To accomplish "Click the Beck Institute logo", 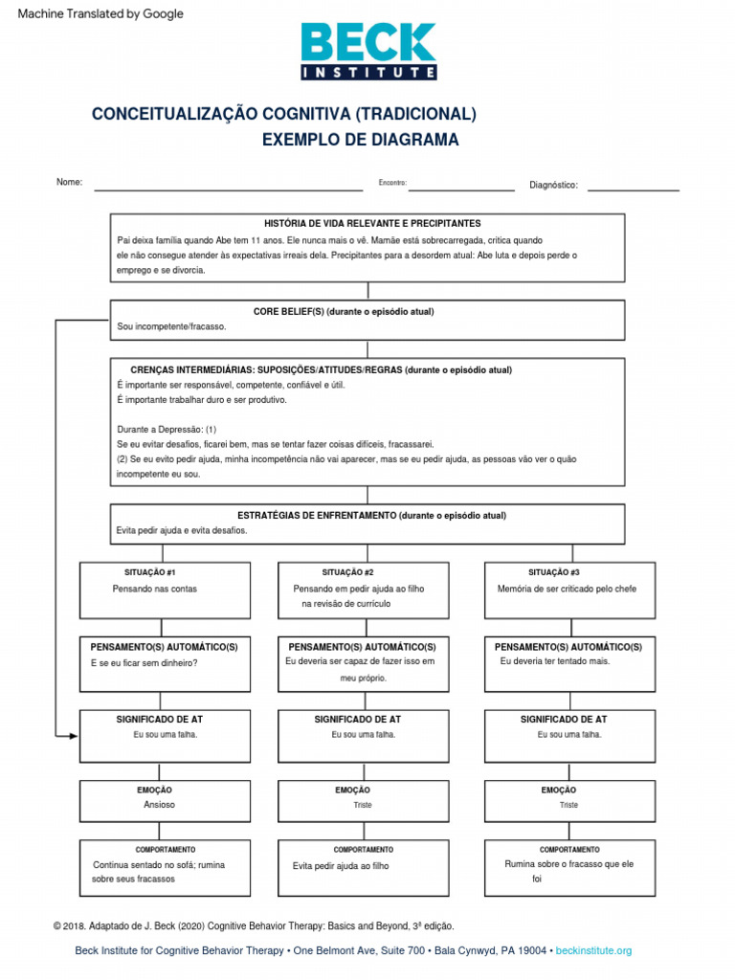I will pos(368,51).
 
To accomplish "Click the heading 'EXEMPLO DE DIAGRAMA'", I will pos(360,140).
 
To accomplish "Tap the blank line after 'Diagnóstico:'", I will pos(633,189).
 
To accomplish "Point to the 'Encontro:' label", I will pos(392,183).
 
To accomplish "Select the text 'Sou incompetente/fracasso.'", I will pos(171,327).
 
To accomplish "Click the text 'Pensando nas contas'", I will pos(154,589).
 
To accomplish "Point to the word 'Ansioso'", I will pos(159,805).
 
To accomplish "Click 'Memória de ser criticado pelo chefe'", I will pos(567,589).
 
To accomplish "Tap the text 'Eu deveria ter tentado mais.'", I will pos(554,661).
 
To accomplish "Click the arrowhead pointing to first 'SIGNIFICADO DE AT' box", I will pos(74,735).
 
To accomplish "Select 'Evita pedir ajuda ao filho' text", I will pos(341,866).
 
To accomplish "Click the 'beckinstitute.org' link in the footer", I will pos(593,950).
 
